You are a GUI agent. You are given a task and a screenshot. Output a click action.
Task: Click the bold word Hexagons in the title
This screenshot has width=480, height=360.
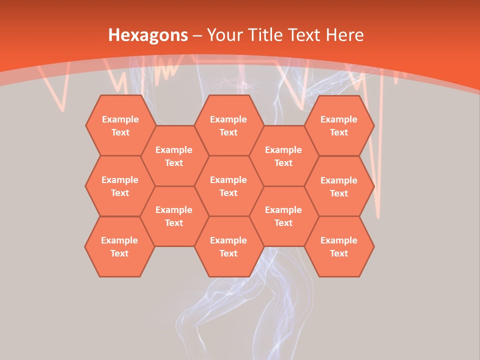click(x=148, y=35)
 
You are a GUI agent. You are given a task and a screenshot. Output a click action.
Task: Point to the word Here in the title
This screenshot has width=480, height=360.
click(x=344, y=35)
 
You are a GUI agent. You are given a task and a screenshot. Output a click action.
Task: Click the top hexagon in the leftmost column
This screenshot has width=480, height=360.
click(x=120, y=125)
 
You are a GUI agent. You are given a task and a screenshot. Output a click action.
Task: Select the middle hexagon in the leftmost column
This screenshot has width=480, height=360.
click(x=120, y=186)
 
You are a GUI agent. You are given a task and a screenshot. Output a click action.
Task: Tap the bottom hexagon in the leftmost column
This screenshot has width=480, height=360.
click(x=119, y=246)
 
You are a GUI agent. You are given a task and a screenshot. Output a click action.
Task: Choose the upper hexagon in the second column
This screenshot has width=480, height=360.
click(x=174, y=156)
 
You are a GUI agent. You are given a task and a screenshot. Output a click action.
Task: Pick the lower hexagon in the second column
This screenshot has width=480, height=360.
click(x=174, y=216)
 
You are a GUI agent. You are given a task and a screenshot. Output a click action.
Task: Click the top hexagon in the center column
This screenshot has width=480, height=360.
click(x=228, y=125)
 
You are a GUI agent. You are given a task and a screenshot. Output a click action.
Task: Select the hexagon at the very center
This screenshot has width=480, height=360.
click(x=228, y=186)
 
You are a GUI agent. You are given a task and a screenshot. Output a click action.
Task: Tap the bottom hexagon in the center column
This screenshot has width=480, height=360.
click(x=228, y=246)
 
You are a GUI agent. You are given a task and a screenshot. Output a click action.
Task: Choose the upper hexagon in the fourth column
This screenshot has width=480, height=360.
click(x=283, y=156)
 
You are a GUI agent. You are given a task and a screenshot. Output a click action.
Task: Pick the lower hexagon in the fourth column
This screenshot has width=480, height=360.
click(x=283, y=216)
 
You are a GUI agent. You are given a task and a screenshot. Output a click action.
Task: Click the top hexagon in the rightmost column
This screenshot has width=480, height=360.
click(x=339, y=125)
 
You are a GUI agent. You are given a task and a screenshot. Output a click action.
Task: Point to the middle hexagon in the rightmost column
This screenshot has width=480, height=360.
click(x=339, y=186)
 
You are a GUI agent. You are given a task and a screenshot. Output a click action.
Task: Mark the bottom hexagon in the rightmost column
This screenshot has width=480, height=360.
click(x=339, y=246)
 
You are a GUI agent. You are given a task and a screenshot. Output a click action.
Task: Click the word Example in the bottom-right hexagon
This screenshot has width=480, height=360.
click(x=339, y=240)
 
